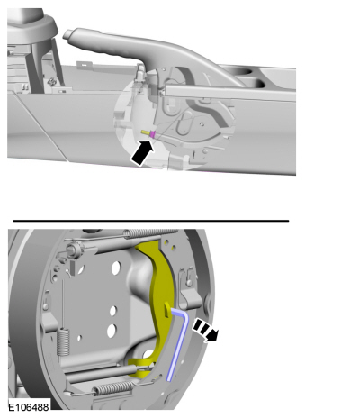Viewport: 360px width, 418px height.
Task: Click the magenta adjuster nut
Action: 152,134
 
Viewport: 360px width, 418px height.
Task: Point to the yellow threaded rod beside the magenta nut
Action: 146,132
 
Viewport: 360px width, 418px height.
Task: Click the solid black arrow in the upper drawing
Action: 142,153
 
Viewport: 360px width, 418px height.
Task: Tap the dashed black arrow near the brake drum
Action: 206,330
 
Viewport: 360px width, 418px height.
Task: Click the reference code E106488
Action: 28,407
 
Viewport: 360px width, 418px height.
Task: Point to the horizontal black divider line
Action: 151,221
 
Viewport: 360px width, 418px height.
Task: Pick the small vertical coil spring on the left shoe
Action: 63,341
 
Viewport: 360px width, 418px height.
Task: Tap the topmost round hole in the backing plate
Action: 116,268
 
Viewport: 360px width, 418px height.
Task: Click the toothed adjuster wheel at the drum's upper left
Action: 74,249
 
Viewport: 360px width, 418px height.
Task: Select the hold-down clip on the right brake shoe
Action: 190,297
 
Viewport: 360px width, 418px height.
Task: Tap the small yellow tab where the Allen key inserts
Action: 167,309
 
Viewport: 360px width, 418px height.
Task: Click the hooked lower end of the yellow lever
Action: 140,368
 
